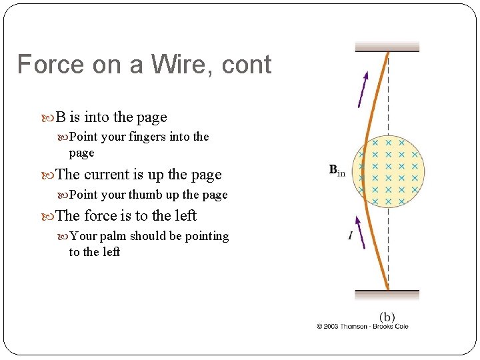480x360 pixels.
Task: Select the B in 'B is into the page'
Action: point(60,117)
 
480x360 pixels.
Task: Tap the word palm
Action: point(113,236)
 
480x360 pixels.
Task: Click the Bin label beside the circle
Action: point(337,170)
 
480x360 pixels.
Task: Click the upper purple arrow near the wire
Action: point(363,89)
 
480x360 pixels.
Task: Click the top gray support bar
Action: point(387,47)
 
